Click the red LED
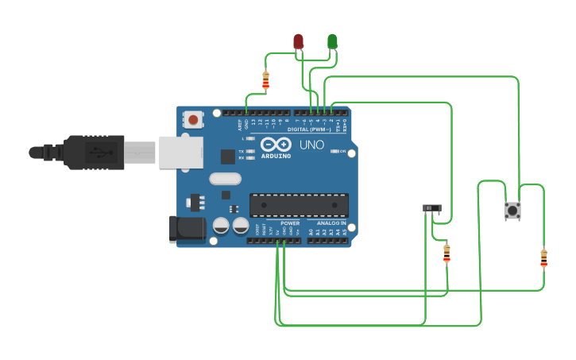tap(298, 41)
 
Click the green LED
tap(332, 41)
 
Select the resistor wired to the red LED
tap(265, 80)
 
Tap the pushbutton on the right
tap(512, 211)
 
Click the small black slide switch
tap(431, 208)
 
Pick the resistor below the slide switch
tap(446, 254)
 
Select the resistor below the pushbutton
tap(543, 258)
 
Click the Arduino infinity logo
tap(276, 145)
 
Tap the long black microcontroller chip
tap(299, 205)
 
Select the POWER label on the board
tap(290, 223)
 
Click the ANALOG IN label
tap(331, 223)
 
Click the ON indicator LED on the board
tap(336, 151)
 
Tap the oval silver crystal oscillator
tap(225, 179)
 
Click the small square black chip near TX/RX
tap(228, 157)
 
